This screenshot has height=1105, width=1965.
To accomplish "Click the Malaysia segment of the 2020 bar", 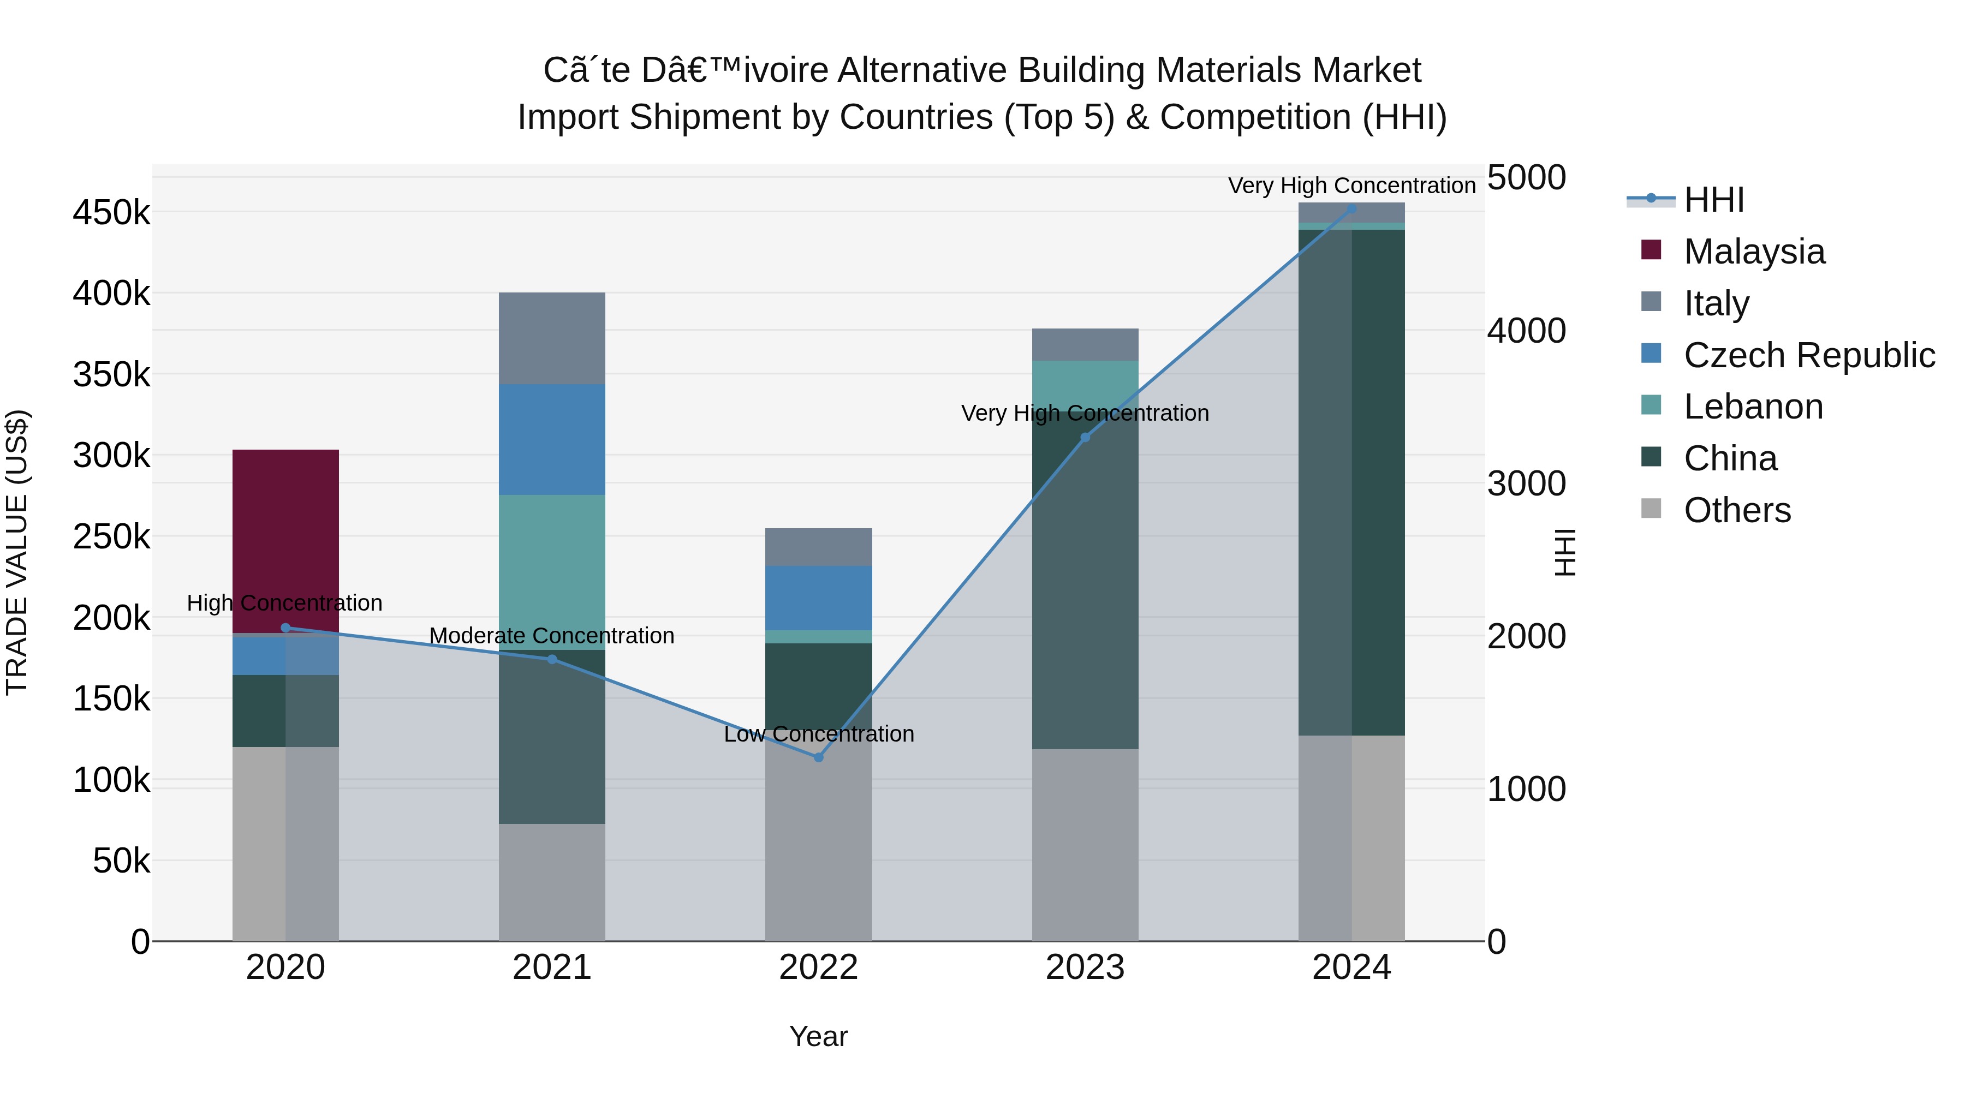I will coord(285,534).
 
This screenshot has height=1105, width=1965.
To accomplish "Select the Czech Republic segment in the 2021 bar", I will coord(551,439).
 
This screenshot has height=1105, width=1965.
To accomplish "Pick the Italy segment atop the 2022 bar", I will coord(819,547).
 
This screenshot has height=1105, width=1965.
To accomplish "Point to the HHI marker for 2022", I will coord(819,757).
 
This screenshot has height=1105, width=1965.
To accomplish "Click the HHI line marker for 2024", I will coord(1351,209).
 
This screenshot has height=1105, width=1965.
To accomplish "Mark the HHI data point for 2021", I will coord(551,659).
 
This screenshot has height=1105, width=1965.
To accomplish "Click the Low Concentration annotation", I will coord(819,733).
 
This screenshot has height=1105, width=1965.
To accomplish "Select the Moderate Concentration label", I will coord(551,635).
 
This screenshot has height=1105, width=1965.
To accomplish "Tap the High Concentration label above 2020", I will coord(284,602).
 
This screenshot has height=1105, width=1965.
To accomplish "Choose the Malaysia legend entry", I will coord(1754,252).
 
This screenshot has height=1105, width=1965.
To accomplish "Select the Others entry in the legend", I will coord(1737,510).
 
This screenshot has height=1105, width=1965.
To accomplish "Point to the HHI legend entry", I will coord(1713,200).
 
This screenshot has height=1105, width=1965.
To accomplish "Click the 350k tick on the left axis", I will coord(111,374).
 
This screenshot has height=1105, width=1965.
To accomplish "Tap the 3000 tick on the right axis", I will coord(1526,483).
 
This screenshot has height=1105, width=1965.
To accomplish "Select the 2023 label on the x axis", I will coord(1085,967).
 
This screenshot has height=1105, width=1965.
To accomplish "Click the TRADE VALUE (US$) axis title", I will coord(17,552).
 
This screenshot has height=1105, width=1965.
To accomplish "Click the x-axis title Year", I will coord(819,1036).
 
